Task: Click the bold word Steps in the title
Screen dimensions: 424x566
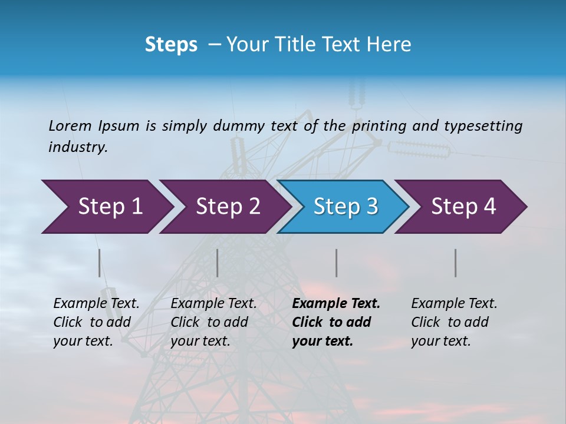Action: (171, 45)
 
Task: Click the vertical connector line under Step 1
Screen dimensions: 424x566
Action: (100, 263)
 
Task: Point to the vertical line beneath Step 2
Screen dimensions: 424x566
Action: (218, 263)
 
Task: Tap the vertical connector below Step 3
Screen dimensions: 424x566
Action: (337, 263)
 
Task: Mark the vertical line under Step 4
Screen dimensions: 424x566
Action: (456, 263)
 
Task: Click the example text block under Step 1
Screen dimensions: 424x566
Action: (96, 322)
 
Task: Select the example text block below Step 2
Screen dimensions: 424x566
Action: (213, 322)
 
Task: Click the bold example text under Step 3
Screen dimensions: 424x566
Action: (336, 322)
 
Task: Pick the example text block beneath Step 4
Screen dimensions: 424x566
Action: (454, 322)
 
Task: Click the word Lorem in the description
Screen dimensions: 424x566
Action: (70, 125)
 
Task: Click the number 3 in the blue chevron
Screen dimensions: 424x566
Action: (371, 206)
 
